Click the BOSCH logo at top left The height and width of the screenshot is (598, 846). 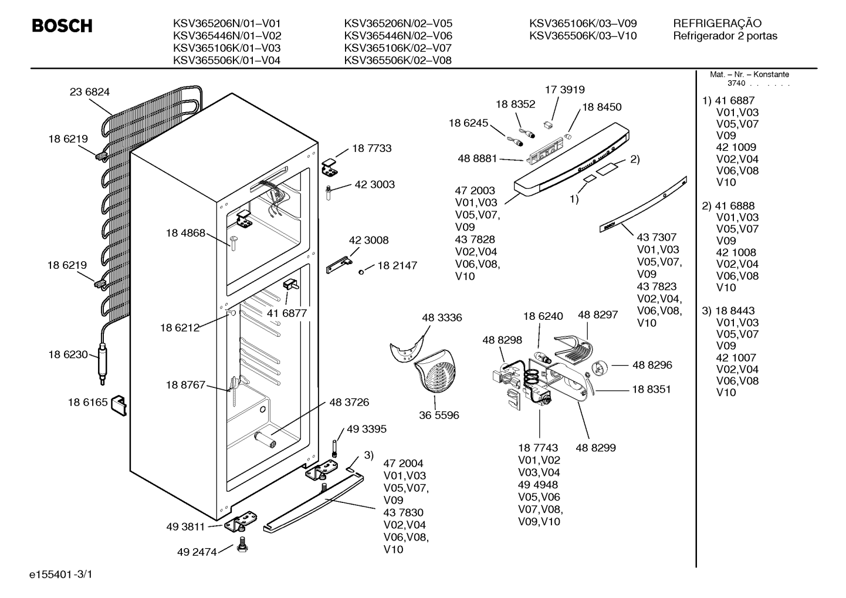(x=62, y=26)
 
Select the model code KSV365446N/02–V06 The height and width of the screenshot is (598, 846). (x=398, y=36)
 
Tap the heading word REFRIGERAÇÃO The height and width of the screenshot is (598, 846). (x=718, y=23)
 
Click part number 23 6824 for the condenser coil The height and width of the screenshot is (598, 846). (x=90, y=92)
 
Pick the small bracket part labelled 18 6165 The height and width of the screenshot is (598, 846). (x=119, y=406)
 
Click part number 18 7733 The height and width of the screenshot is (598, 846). (x=372, y=148)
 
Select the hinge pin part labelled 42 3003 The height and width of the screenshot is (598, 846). (x=328, y=192)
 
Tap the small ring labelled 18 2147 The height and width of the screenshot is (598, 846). (x=361, y=272)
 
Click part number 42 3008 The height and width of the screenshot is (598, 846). (x=368, y=240)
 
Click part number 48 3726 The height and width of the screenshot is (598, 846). (x=349, y=403)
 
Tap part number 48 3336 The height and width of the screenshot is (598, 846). (x=442, y=317)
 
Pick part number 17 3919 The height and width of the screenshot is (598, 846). (x=564, y=90)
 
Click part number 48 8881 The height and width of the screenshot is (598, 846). (x=478, y=158)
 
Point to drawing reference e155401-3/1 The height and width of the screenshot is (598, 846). (x=61, y=575)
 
